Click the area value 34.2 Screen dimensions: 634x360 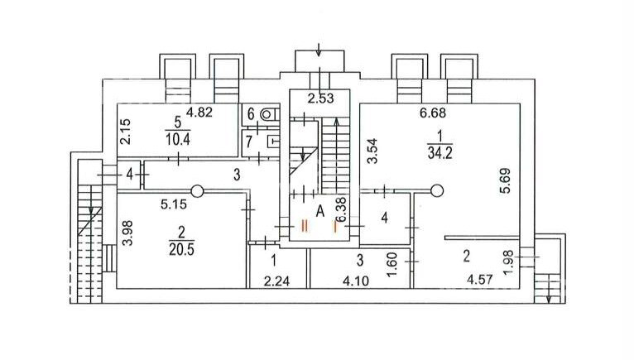(439, 154)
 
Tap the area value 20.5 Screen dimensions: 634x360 (181, 250)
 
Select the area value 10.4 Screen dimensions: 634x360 (177, 140)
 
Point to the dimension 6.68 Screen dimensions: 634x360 (433, 113)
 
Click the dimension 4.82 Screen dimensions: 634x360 (199, 112)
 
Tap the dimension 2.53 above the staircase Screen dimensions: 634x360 (320, 98)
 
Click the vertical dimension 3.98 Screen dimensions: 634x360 (127, 233)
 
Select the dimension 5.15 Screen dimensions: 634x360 (174, 204)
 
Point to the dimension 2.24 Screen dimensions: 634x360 (276, 281)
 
